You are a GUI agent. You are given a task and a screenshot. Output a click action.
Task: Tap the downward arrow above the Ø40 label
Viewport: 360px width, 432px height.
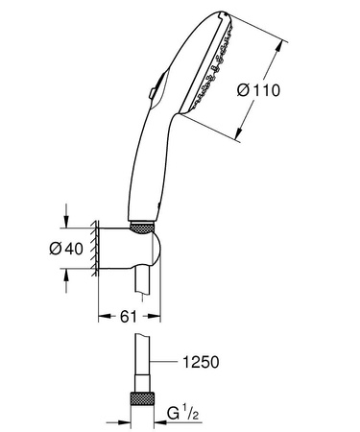click(x=64, y=222)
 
